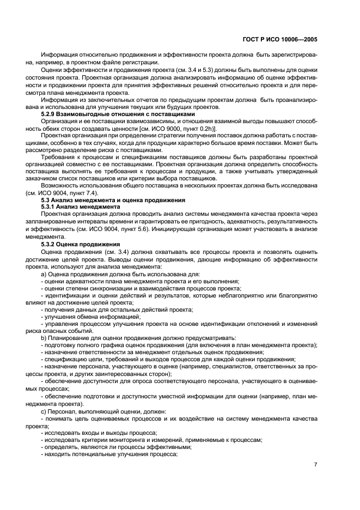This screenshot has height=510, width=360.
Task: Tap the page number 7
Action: (x=315, y=464)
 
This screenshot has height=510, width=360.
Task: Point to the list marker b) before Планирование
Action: (x=44, y=337)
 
